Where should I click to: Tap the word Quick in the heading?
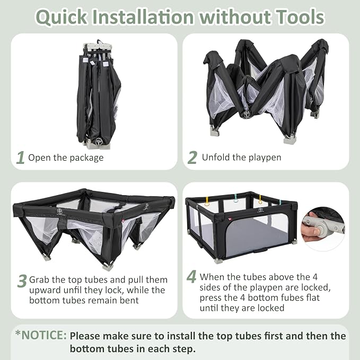pyautogui.click(x=62, y=17)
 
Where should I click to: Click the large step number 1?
pyautogui.click(x=21, y=157)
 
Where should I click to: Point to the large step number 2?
pyautogui.click(x=192, y=157)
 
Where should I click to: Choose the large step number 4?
pyautogui.click(x=191, y=276)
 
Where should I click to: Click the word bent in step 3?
pyautogui.click(x=129, y=300)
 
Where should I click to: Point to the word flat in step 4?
pyautogui.click(x=313, y=297)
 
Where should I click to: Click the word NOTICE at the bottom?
pyautogui.click(x=44, y=335)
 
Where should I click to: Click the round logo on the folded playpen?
pyautogui.click(x=99, y=142)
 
